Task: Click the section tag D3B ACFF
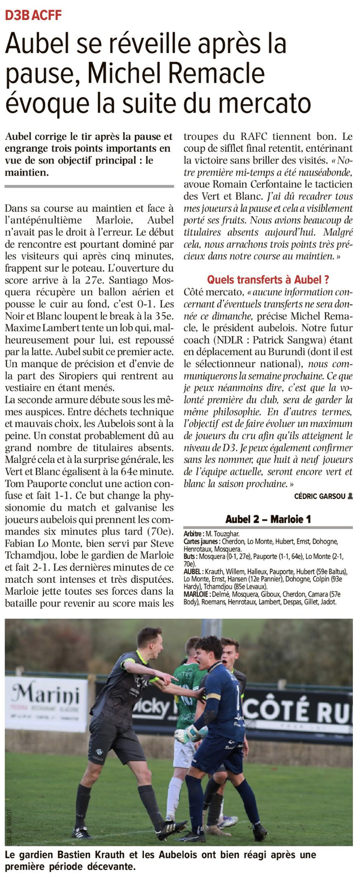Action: pyautogui.click(x=33, y=15)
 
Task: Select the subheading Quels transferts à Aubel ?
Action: pyautogui.click(x=268, y=279)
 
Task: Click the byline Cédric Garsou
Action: pyautogui.click(x=319, y=496)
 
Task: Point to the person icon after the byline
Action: pyautogui.click(x=350, y=496)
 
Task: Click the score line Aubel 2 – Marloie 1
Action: pyautogui.click(x=268, y=519)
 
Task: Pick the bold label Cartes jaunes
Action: pyautogui.click(x=201, y=541)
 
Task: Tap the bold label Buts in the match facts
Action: pyautogui.click(x=190, y=557)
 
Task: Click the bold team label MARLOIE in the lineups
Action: pyautogui.click(x=198, y=594)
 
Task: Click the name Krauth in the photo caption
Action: pyautogui.click(x=105, y=855)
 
